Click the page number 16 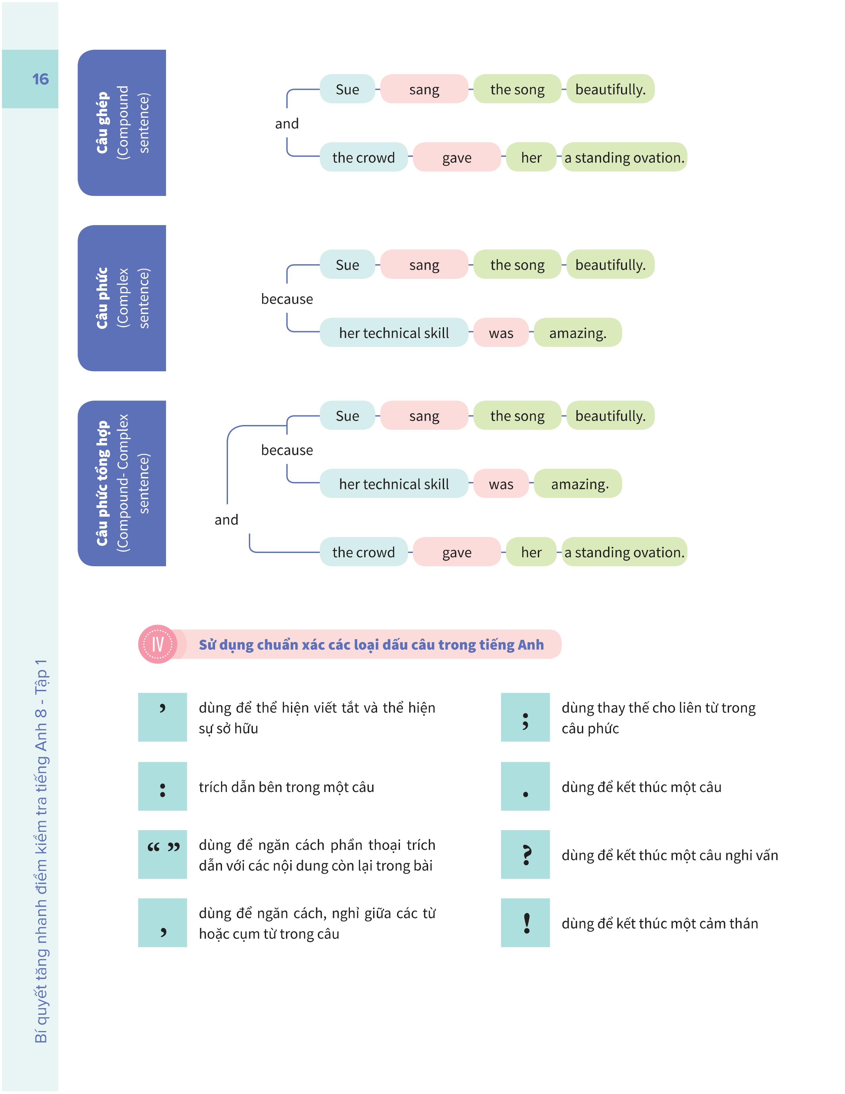pyautogui.click(x=40, y=79)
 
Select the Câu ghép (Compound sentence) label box pyautogui.click(x=122, y=123)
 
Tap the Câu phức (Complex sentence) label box pyautogui.click(x=122, y=298)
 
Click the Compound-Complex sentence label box pyautogui.click(x=122, y=483)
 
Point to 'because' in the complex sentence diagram pyautogui.click(x=287, y=299)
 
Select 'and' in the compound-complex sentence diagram pyautogui.click(x=226, y=520)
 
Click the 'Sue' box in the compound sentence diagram pyautogui.click(x=347, y=89)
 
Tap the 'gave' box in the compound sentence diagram pyautogui.click(x=457, y=157)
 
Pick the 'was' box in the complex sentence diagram pyautogui.click(x=501, y=333)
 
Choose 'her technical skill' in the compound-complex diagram pyautogui.click(x=394, y=484)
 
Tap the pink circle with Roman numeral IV pyautogui.click(x=158, y=644)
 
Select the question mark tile pyautogui.click(x=525, y=855)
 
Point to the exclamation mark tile pyautogui.click(x=525, y=923)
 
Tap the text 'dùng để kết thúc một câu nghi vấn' pyautogui.click(x=669, y=855)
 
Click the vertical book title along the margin pyautogui.click(x=41, y=852)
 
